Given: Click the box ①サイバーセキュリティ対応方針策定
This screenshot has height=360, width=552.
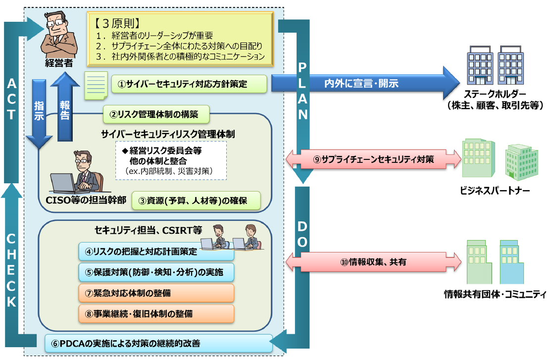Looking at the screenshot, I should coord(189,83).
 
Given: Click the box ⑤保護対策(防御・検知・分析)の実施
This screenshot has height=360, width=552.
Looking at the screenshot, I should coord(156,272).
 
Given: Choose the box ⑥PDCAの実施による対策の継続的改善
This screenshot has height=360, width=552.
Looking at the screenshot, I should coord(158,343).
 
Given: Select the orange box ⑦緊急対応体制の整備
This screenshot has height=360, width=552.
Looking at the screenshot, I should coord(156,293).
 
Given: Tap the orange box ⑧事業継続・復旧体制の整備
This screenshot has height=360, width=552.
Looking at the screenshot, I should coord(156,313).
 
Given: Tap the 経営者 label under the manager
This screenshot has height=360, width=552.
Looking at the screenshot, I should coord(58,63).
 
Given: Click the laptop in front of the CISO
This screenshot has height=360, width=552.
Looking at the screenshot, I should coord(65,183).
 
